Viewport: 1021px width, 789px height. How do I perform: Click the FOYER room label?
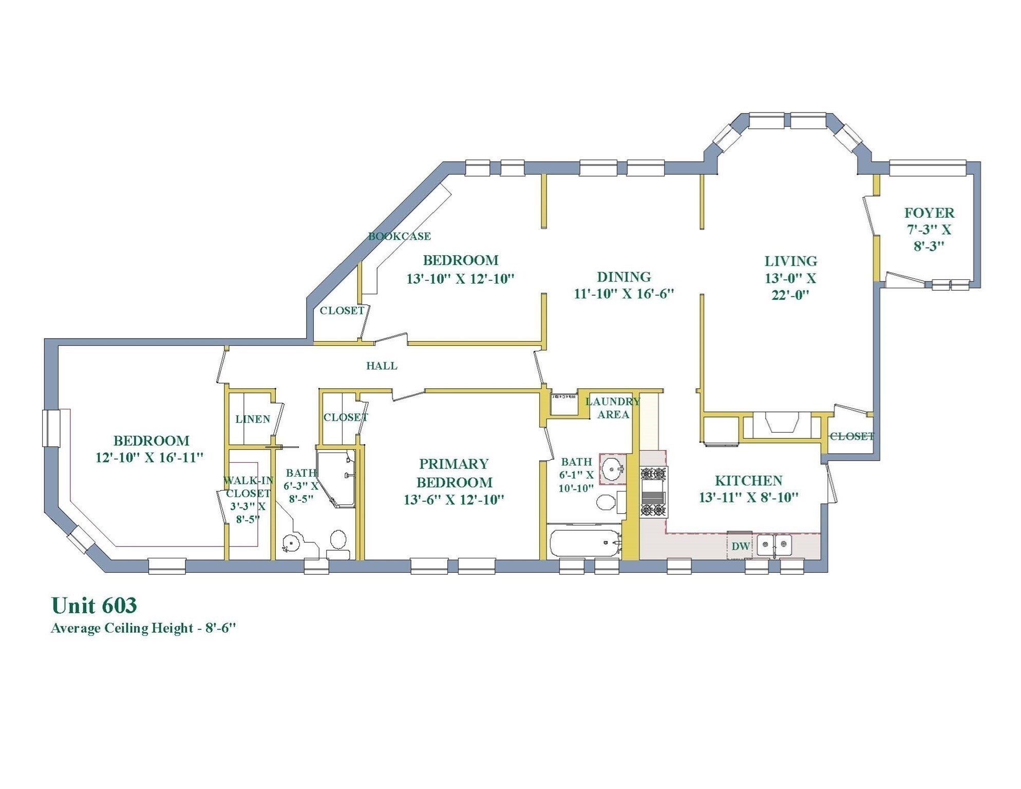coord(929,213)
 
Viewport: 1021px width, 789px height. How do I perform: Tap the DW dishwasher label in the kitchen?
coord(740,547)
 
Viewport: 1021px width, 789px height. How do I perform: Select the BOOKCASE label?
coord(399,236)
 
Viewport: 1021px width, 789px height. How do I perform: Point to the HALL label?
coord(382,366)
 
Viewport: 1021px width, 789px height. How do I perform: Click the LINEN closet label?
coord(253,419)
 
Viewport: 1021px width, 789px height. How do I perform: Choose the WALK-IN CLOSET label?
coord(248,487)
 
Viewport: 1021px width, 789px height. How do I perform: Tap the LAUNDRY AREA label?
coord(613,408)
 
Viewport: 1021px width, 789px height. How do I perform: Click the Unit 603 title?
coord(94,605)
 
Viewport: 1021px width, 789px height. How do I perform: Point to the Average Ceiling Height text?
coord(143,628)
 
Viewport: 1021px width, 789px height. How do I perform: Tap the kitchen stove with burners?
coord(653,492)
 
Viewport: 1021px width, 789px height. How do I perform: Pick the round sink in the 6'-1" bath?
coord(612,469)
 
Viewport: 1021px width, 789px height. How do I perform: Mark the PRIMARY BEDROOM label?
coord(454,473)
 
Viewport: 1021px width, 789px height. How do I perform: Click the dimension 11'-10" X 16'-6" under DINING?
coord(623,294)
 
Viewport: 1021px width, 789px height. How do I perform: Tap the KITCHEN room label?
coord(748,481)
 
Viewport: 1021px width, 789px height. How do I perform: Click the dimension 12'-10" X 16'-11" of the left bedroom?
coord(149,457)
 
